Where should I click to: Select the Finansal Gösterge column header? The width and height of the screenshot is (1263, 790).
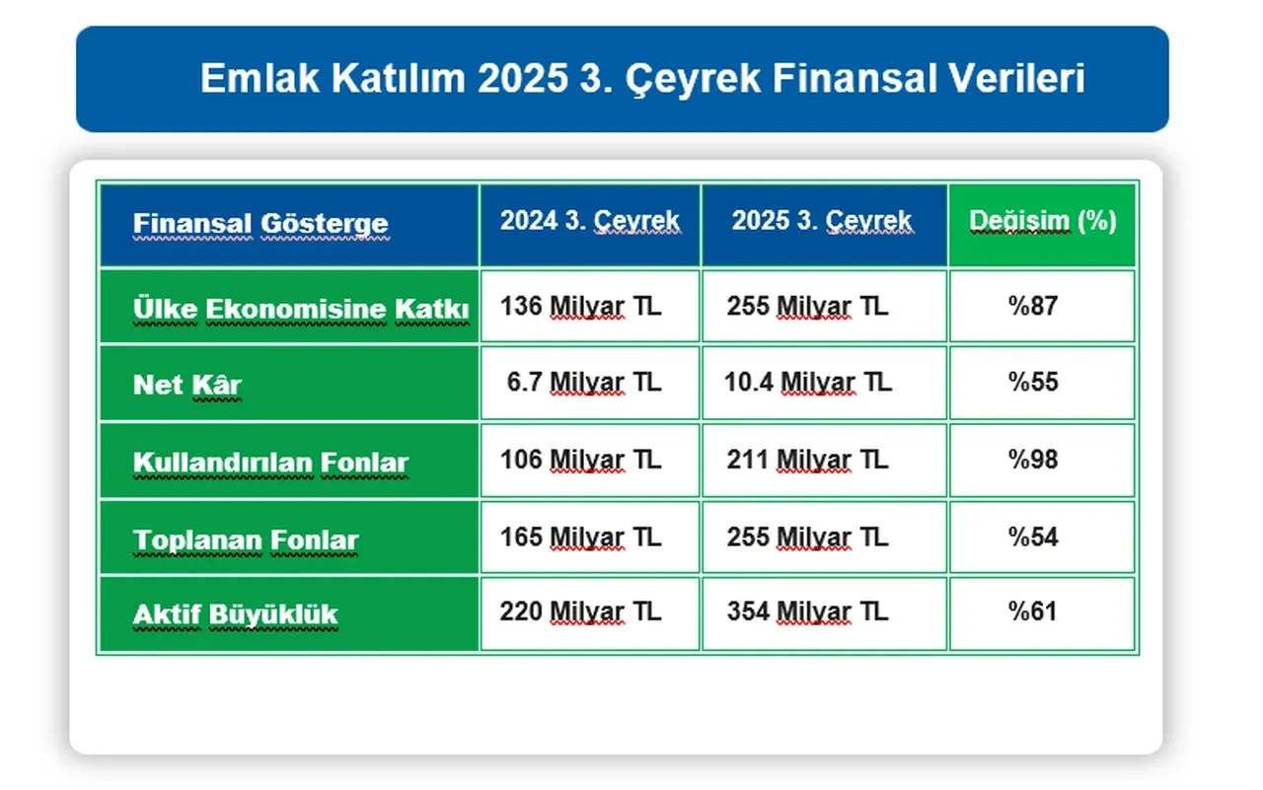(x=260, y=224)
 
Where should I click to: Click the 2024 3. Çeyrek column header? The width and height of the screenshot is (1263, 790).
(x=589, y=221)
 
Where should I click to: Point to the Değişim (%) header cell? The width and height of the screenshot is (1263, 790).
(x=1042, y=221)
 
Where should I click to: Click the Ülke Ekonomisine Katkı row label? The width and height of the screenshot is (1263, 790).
(x=300, y=309)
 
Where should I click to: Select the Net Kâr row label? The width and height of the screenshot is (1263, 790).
(x=186, y=385)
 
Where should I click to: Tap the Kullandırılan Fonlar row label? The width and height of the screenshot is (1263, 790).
(x=270, y=463)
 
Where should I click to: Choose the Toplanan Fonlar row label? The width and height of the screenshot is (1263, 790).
(x=245, y=539)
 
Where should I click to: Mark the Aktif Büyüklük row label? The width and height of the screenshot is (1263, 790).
(x=235, y=615)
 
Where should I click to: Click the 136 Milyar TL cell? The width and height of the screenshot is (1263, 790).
(x=580, y=306)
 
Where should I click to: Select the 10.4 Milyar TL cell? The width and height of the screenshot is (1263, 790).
(x=807, y=382)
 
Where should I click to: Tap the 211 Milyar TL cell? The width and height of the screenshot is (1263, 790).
(x=807, y=460)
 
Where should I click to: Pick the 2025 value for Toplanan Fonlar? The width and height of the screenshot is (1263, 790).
(x=807, y=537)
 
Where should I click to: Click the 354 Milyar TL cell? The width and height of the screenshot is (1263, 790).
(x=807, y=612)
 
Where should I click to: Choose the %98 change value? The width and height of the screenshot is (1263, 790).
(x=1032, y=460)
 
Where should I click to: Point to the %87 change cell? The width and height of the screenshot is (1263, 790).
(x=1032, y=306)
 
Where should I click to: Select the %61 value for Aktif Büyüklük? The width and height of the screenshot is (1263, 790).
(x=1032, y=612)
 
